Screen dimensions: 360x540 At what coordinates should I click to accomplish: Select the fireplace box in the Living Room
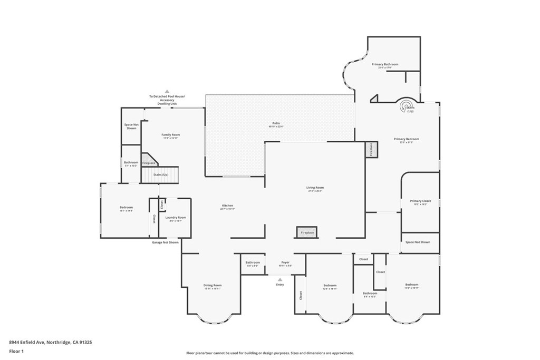coord(307,232)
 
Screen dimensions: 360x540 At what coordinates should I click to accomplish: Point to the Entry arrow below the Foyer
coord(280,280)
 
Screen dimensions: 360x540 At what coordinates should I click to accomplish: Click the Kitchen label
coord(227,206)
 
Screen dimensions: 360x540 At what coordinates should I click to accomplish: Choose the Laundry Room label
coord(176,218)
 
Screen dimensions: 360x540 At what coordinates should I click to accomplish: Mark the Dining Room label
coord(213,286)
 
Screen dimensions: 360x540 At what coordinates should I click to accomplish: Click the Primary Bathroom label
coord(385,65)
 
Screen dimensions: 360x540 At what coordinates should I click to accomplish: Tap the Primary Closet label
coord(420,201)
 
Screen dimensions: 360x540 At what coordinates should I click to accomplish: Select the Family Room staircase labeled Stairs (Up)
coord(160,174)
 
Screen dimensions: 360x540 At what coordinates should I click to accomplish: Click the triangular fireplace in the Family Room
coord(148,160)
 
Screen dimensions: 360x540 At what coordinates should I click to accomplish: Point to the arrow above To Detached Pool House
coord(167,91)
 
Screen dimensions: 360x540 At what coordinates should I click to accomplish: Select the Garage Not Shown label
coord(165,242)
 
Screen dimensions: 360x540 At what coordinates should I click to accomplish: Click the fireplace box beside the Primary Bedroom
coord(371,149)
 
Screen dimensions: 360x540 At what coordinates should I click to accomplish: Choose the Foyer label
coord(285,262)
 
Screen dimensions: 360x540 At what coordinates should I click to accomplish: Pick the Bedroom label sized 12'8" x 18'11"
coord(330,286)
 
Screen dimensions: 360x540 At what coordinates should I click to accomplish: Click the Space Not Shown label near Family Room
coord(131,126)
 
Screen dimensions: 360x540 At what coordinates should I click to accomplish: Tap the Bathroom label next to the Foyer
coord(252,263)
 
